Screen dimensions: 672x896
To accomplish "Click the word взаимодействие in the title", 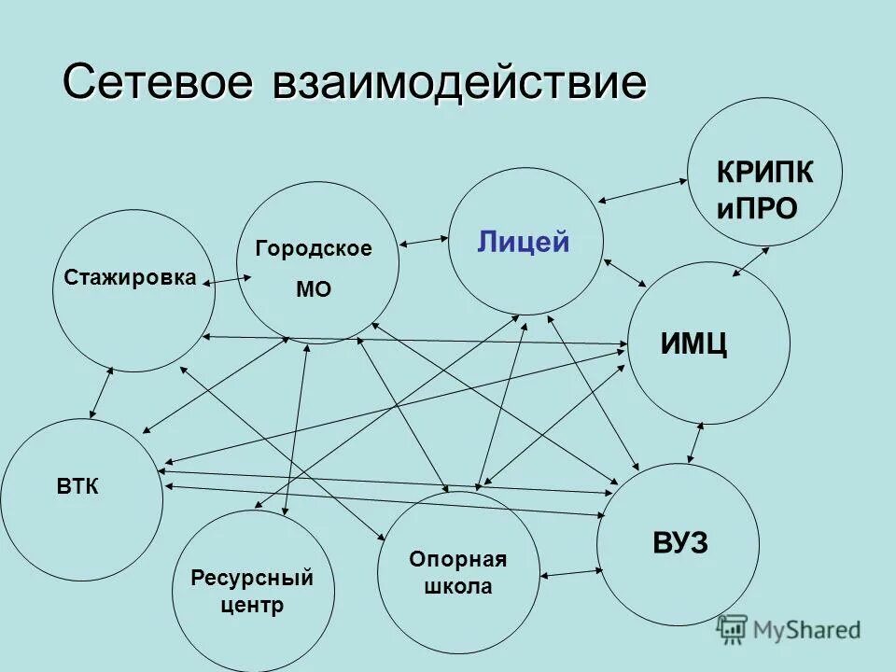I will click(x=459, y=84).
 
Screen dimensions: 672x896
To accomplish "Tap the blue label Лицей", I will click(x=524, y=243).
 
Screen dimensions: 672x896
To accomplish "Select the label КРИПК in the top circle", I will click(x=764, y=173).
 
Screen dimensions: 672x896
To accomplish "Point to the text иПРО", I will click(x=757, y=208).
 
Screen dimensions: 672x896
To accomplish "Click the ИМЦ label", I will click(x=694, y=345).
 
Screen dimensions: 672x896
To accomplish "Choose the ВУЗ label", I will click(x=680, y=543).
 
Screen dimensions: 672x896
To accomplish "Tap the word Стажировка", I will click(x=131, y=277).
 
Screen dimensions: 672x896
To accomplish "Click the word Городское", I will click(x=314, y=249).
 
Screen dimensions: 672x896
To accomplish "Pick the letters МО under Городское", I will click(x=314, y=290).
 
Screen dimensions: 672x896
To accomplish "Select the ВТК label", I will click(x=78, y=486).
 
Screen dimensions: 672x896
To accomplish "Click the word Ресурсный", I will click(x=252, y=578).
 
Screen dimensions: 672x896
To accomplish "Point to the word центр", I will click(x=252, y=606).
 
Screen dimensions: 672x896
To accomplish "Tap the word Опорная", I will click(x=457, y=559).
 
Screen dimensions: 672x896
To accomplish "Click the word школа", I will click(x=457, y=587).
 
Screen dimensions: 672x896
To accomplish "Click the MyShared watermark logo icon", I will click(x=733, y=629).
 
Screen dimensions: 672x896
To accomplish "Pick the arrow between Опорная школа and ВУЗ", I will click(x=568, y=573).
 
